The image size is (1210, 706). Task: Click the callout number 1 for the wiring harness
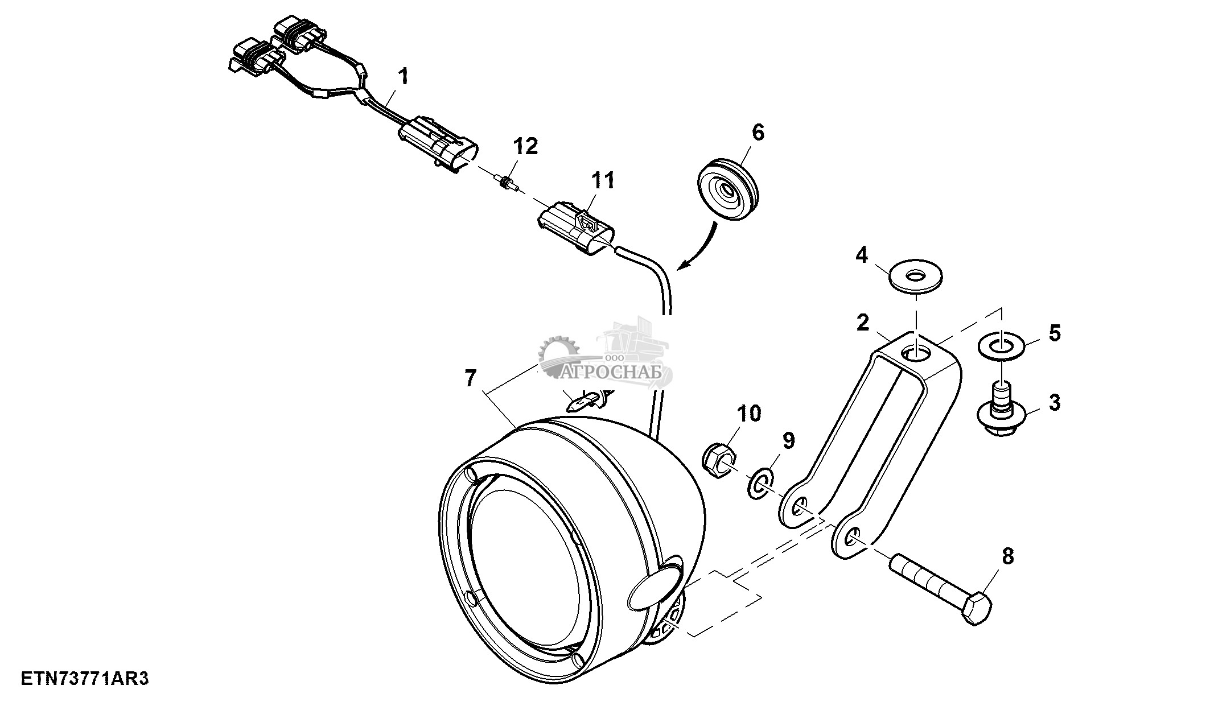(x=403, y=76)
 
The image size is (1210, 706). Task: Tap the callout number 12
(x=525, y=146)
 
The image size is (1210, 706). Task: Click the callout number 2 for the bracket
(x=863, y=323)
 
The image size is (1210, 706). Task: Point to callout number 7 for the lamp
(x=470, y=378)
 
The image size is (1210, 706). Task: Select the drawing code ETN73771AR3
(x=85, y=679)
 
